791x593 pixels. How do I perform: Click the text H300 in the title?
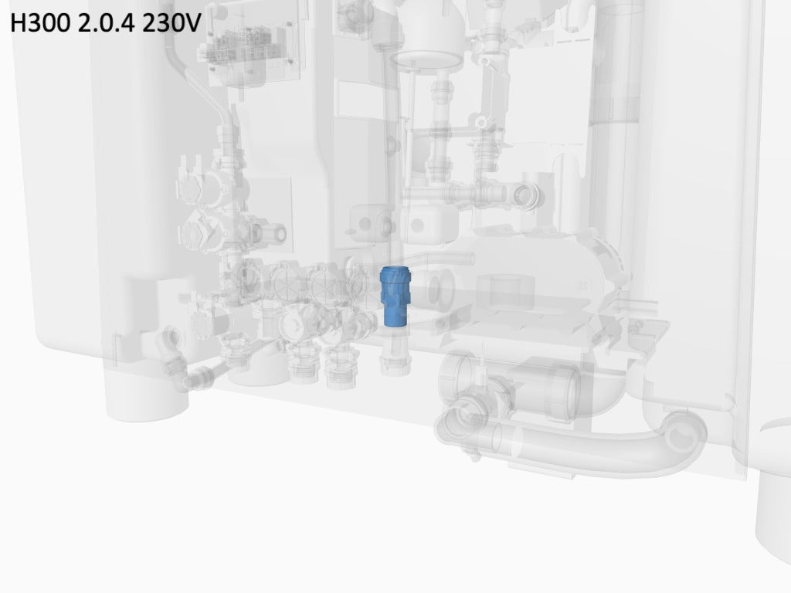[40, 22]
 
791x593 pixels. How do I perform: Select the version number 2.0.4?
[106, 22]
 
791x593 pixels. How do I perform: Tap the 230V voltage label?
[171, 22]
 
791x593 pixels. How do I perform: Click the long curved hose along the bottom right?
[570, 444]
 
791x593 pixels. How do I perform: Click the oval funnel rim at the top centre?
[426, 60]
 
